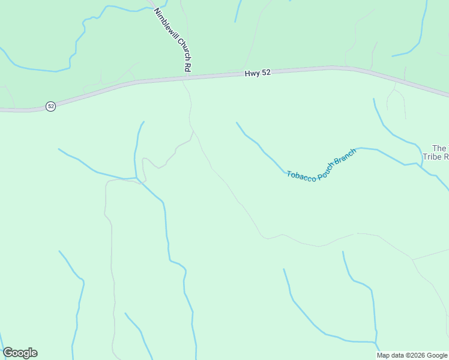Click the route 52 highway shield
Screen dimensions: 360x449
click(x=50, y=106)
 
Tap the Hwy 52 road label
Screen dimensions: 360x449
click(x=258, y=73)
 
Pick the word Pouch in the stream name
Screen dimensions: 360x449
click(x=325, y=172)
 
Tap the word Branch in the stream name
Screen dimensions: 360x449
click(x=345, y=158)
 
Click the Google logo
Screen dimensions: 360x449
click(x=20, y=353)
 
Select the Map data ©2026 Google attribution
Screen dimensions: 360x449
click(x=412, y=355)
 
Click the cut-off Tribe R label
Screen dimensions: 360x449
click(x=436, y=157)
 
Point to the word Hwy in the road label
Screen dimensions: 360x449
click(x=252, y=73)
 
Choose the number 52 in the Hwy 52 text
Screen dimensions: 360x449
click(x=266, y=73)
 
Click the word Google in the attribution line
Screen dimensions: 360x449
click(x=436, y=355)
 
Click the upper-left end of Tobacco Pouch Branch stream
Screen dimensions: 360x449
click(x=237, y=123)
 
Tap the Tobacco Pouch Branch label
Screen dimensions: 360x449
click(x=321, y=166)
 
